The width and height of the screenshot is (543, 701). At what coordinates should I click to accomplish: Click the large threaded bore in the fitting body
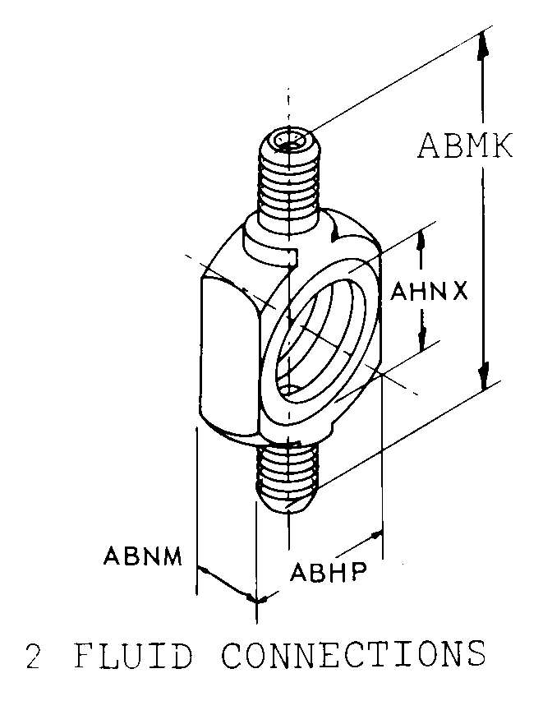(318, 337)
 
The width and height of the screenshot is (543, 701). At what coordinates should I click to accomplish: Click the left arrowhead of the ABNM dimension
(203, 570)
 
